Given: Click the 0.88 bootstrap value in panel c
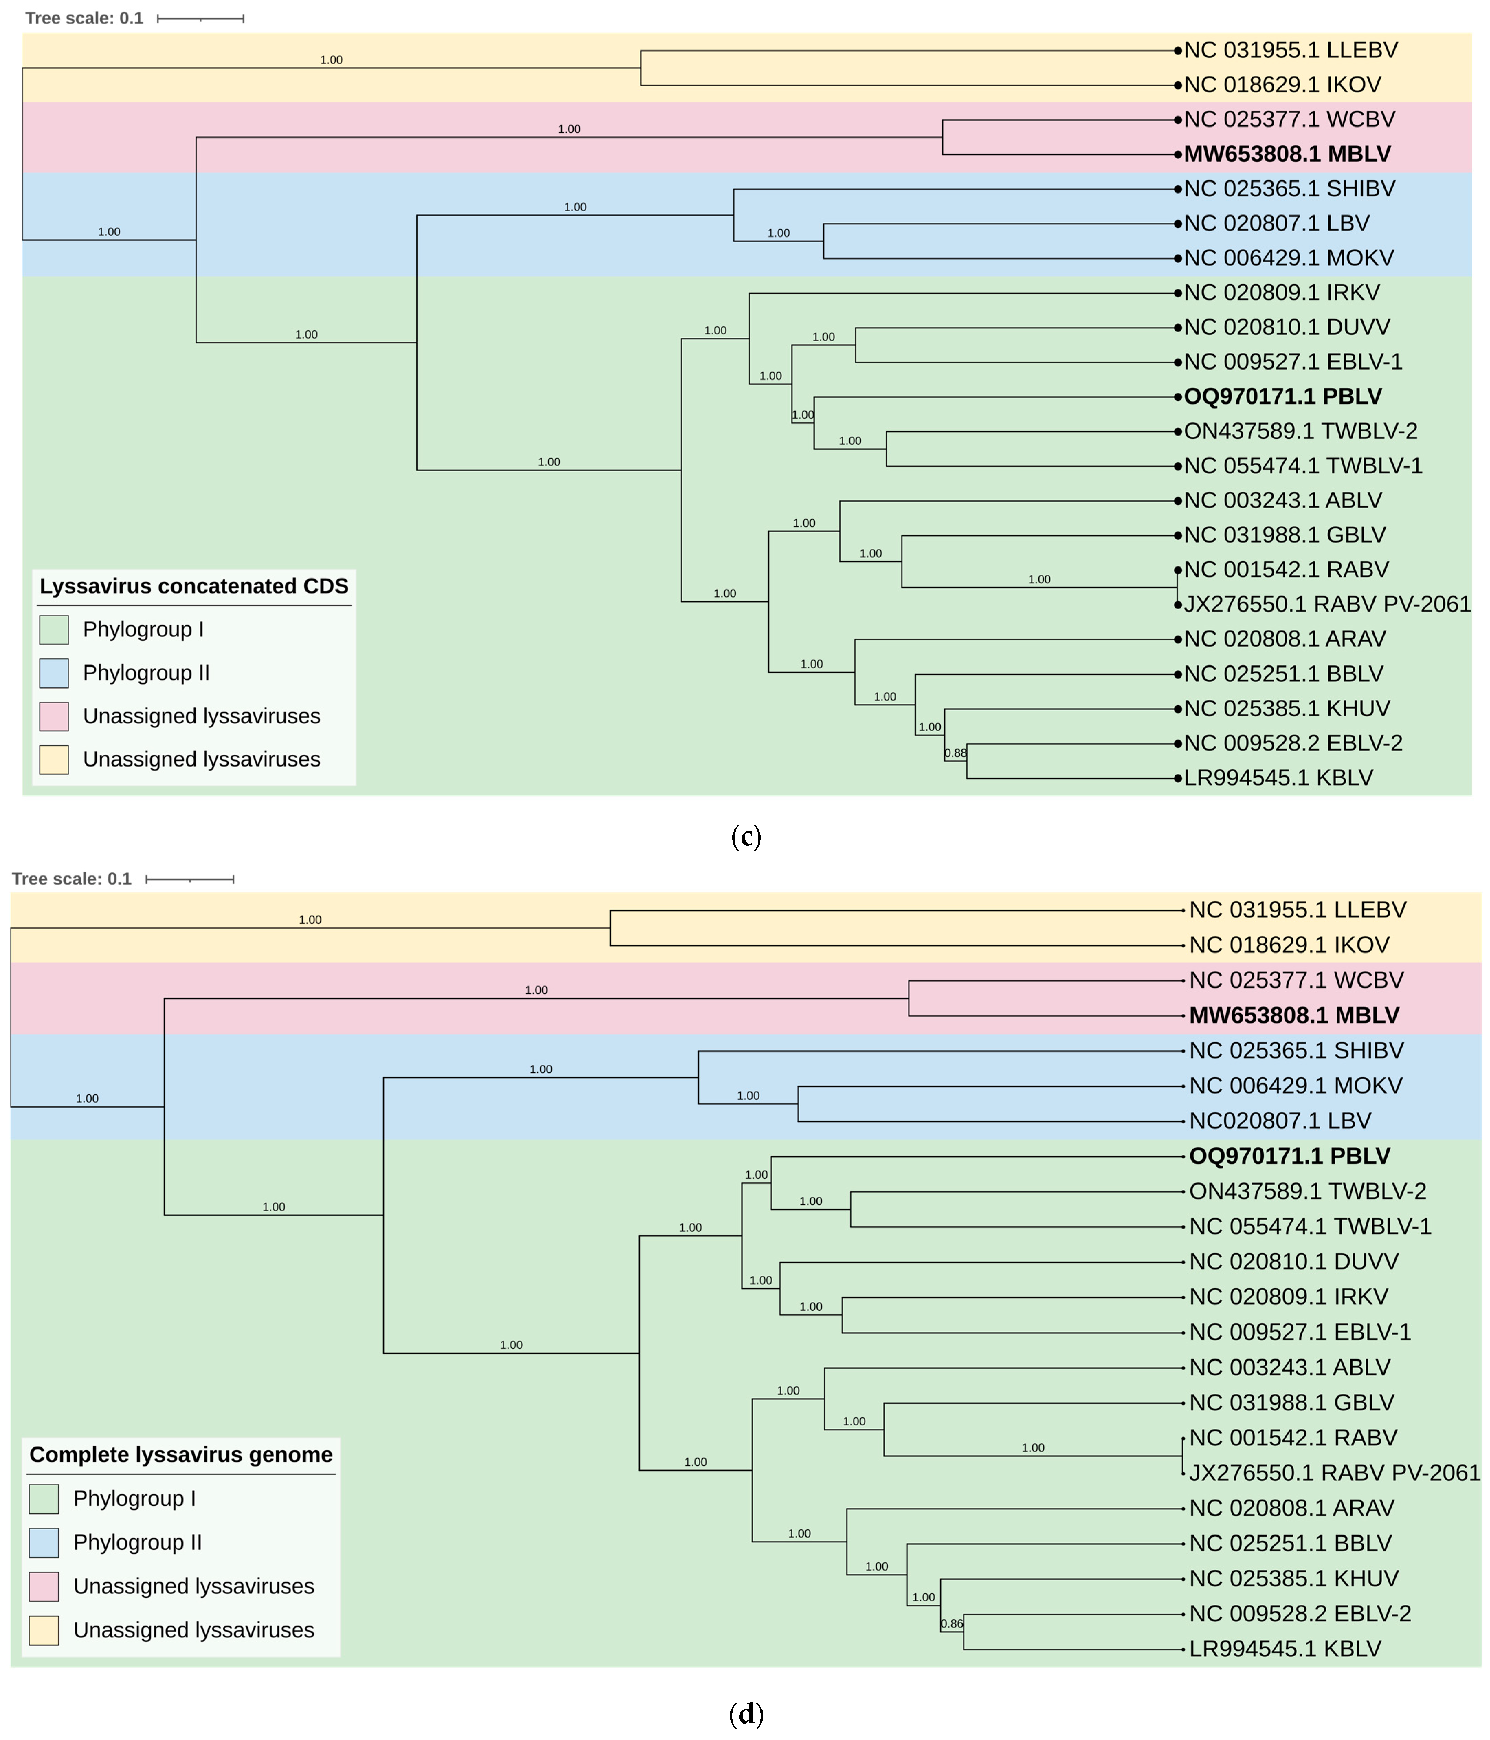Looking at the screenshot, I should [x=955, y=753].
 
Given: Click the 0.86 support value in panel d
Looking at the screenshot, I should [x=952, y=1623].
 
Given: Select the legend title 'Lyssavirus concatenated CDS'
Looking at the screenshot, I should [x=194, y=586].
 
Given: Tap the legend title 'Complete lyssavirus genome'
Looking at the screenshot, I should [x=181, y=1454].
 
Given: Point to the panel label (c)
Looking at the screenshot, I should [x=745, y=836].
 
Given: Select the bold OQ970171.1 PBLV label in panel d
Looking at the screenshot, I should [x=1289, y=1156].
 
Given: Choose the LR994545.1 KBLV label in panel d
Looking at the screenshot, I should [x=1285, y=1649].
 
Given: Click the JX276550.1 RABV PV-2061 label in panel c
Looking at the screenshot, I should [x=1326, y=605].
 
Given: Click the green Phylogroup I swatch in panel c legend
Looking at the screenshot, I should [x=54, y=630].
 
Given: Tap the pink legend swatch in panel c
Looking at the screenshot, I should [x=54, y=716].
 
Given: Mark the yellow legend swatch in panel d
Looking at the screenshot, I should [x=44, y=1630].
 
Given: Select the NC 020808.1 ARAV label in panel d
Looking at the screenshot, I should [x=1291, y=1508].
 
